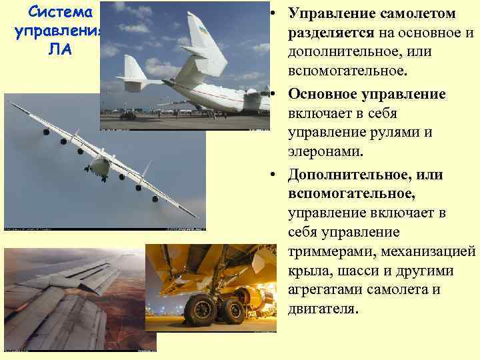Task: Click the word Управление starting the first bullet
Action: click(331, 13)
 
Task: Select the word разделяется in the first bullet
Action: click(332, 33)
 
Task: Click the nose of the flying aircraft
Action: click(101, 167)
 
